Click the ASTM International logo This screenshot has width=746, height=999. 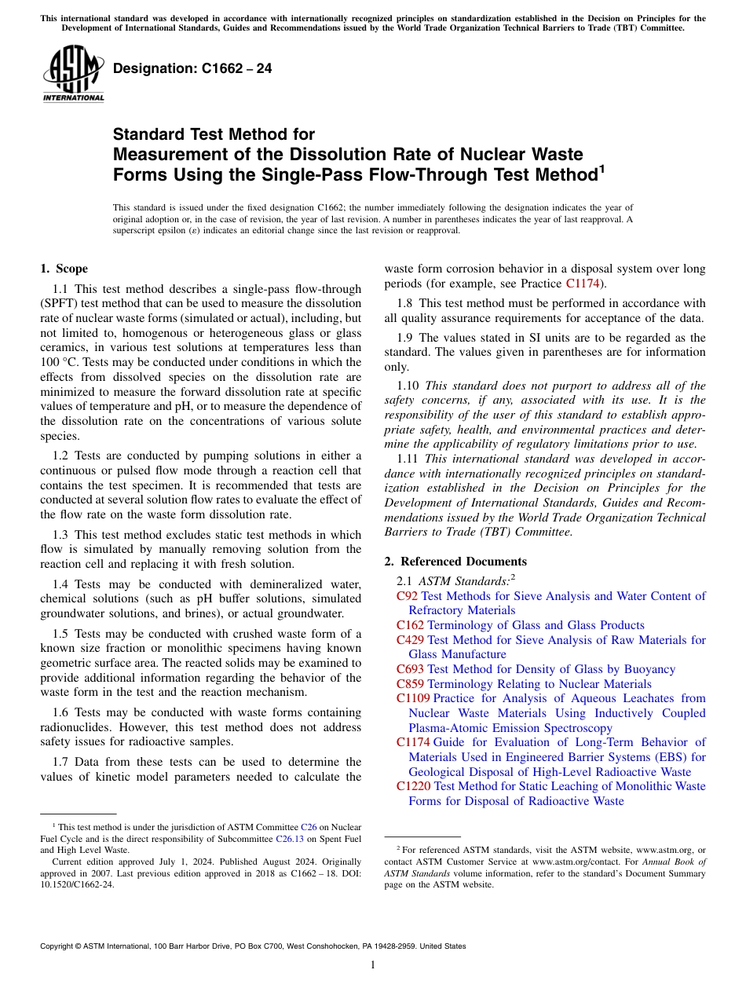(x=72, y=75)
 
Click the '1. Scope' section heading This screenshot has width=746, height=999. (x=64, y=269)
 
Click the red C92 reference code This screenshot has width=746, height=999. (x=407, y=596)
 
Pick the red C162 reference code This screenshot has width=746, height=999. (x=410, y=625)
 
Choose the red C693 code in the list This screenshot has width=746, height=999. (x=410, y=669)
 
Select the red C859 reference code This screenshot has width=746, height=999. (x=410, y=684)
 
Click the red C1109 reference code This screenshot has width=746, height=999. (x=413, y=698)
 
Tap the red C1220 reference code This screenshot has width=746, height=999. (x=413, y=786)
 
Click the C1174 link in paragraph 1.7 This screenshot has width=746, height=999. (x=582, y=284)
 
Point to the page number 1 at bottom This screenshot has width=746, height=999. (x=373, y=965)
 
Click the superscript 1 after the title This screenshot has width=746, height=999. (x=602, y=168)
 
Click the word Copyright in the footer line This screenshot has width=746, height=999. (x=59, y=946)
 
